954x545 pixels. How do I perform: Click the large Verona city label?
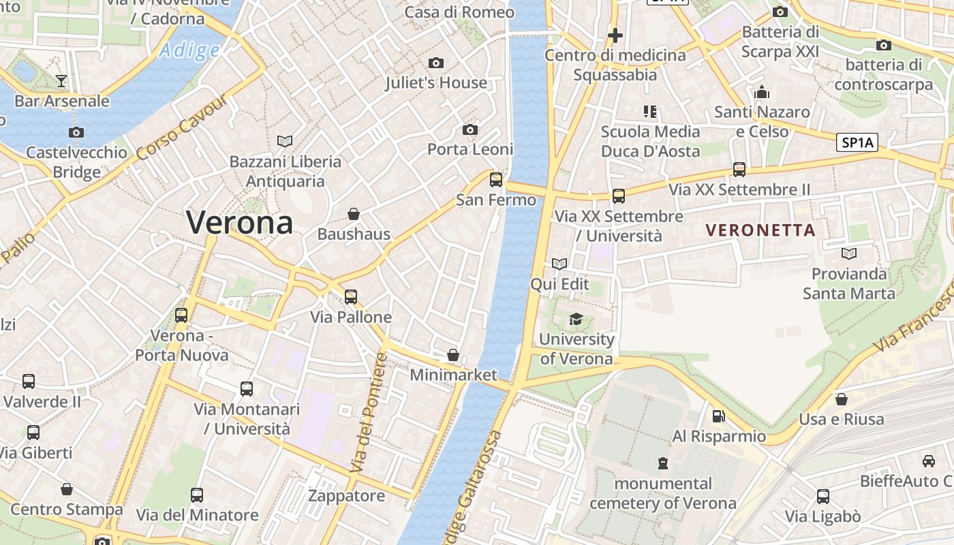point(240,223)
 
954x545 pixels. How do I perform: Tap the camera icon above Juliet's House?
point(436,63)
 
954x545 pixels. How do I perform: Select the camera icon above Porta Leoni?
point(470,129)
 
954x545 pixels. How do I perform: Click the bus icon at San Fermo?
point(496,180)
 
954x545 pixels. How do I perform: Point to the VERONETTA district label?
point(760,230)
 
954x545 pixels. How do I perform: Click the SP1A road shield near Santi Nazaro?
point(857,142)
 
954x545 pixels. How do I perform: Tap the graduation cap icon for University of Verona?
point(576,319)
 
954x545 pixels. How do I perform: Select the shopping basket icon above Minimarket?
point(453,355)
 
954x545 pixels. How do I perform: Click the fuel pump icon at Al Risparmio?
point(718,416)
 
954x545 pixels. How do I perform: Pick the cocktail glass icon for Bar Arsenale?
point(61,81)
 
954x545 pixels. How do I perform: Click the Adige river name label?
point(189,50)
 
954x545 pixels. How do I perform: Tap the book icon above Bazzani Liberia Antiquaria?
point(285,141)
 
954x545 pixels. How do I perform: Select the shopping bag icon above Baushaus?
point(354,214)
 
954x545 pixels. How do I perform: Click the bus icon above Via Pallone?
point(351,296)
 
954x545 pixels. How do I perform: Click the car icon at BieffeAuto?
point(929,461)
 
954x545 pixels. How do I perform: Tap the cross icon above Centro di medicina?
point(615,35)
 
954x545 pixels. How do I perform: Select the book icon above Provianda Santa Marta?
point(848,253)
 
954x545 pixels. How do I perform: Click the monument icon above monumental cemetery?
point(662,463)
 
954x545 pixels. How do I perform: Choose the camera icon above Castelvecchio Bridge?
point(76,132)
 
